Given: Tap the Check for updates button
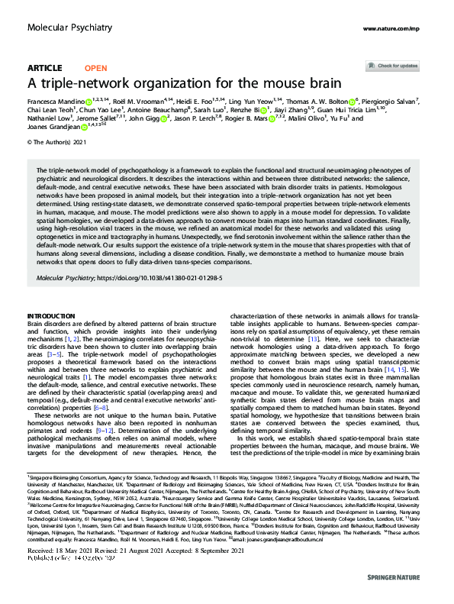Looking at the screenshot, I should (x=398, y=66).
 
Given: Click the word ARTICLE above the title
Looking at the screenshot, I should (x=44, y=68).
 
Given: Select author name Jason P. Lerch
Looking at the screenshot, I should (x=201, y=118).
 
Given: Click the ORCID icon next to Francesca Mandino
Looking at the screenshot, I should (x=87, y=100).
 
